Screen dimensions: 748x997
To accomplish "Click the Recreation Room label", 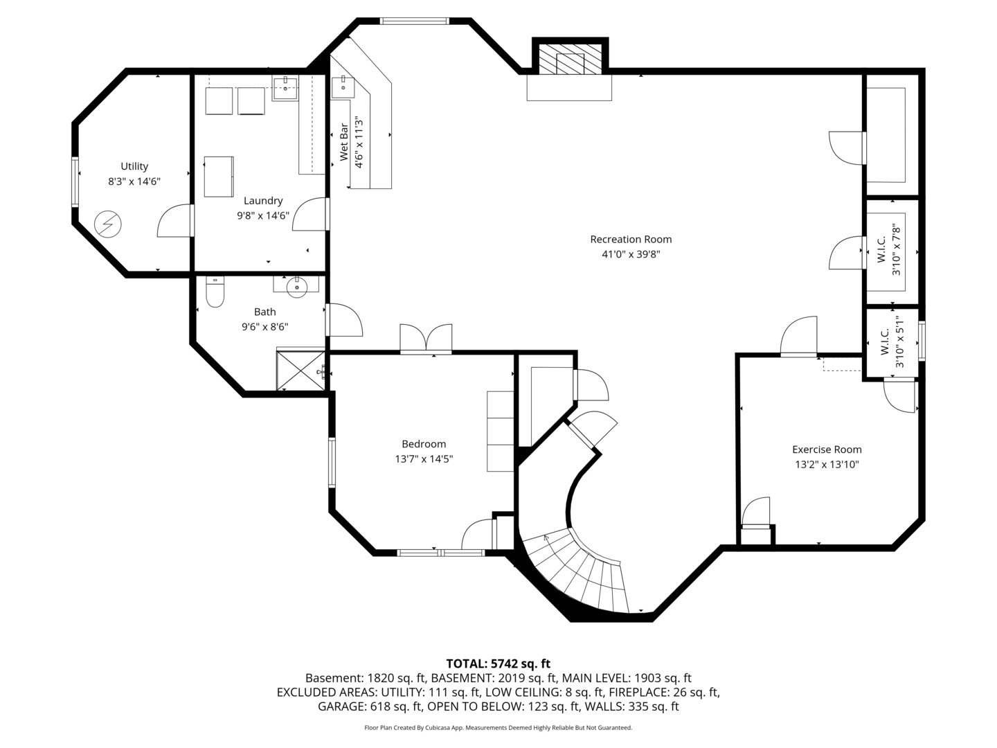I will (x=631, y=240).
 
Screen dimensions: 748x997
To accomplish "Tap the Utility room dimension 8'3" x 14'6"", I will (x=134, y=181).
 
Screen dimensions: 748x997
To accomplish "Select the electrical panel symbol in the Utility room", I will (x=109, y=224).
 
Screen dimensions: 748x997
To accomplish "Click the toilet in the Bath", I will (x=215, y=294).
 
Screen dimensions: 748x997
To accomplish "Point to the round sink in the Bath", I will (x=297, y=287).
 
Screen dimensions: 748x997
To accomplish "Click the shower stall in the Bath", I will (x=300, y=370).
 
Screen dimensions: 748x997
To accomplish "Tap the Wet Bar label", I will (x=344, y=142).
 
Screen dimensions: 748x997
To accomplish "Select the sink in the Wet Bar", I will (x=342, y=87).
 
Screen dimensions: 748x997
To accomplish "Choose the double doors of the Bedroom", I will (x=426, y=339).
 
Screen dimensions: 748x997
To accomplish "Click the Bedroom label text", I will (x=424, y=444).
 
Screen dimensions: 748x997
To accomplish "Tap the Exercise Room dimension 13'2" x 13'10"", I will (x=827, y=465).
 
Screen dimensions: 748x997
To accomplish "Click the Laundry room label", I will (x=263, y=201).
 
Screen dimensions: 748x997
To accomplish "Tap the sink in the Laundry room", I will (x=285, y=86).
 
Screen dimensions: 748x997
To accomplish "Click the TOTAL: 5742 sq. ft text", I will (x=498, y=664).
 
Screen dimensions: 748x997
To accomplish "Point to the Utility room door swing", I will (x=174, y=222).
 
